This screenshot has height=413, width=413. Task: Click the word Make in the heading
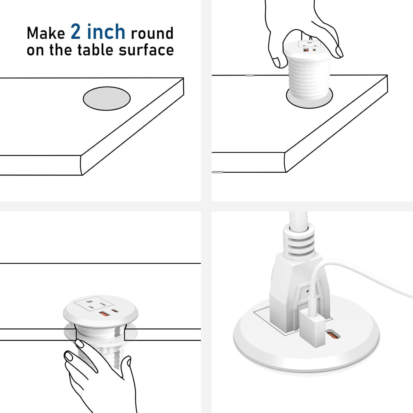click(x=46, y=33)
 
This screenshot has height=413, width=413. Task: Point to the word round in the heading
click(x=152, y=33)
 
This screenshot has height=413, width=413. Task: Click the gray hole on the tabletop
click(x=107, y=98)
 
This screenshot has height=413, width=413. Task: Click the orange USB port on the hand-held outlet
click(x=305, y=50)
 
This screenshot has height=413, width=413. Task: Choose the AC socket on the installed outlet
click(x=91, y=305)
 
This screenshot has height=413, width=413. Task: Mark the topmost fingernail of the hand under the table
click(x=79, y=343)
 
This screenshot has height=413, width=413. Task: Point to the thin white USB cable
click(x=366, y=274)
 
